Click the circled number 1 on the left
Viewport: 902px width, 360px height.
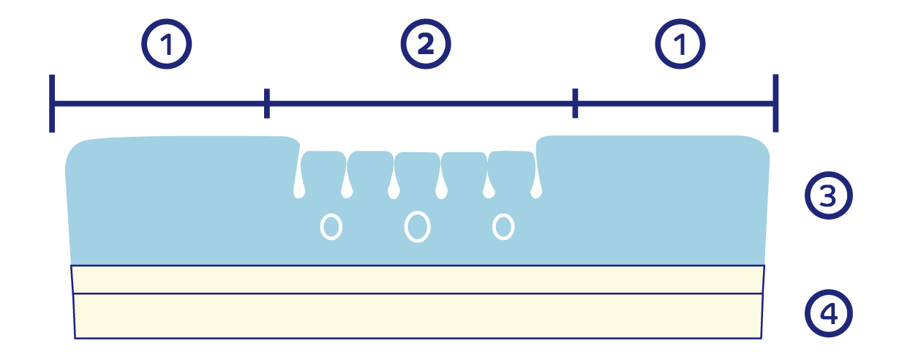[167, 45]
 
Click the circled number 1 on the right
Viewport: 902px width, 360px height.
[680, 45]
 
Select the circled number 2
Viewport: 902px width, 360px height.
[425, 45]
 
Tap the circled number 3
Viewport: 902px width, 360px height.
[829, 195]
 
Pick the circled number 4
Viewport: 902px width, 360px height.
[829, 314]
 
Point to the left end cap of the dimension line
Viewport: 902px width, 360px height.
[53, 103]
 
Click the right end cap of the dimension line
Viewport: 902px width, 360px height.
[775, 103]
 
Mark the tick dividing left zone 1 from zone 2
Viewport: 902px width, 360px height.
[267, 103]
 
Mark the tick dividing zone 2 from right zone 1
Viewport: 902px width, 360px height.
[575, 103]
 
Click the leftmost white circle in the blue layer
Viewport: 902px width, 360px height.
[331, 227]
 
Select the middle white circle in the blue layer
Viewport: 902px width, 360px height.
[417, 226]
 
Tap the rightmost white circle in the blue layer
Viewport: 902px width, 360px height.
[503, 226]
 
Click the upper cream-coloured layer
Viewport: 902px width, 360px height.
[417, 279]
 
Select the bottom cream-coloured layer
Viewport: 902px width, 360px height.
[417, 316]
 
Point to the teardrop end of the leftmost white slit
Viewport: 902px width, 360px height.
[298, 192]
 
